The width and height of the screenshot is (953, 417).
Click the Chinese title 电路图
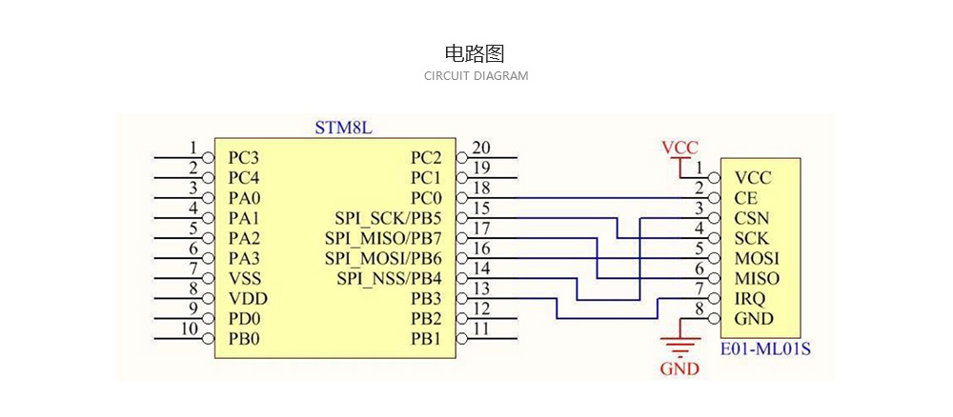click(x=476, y=53)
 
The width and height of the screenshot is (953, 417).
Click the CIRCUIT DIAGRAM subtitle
click(x=476, y=76)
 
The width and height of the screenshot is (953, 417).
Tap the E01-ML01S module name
click(x=765, y=348)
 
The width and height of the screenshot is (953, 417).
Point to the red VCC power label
click(x=679, y=148)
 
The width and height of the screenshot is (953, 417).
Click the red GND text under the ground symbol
click(x=679, y=368)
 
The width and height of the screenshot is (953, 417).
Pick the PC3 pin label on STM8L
click(x=244, y=157)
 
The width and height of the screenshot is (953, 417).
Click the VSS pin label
click(x=244, y=278)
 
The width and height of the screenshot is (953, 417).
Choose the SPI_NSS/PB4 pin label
click(x=389, y=278)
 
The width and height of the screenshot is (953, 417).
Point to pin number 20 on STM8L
click(x=481, y=148)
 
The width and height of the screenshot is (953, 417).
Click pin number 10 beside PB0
click(x=190, y=329)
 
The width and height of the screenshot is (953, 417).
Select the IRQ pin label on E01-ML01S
click(x=750, y=298)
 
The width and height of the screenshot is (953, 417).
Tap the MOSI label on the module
click(x=757, y=258)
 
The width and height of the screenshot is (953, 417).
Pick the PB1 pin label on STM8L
click(x=426, y=338)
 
